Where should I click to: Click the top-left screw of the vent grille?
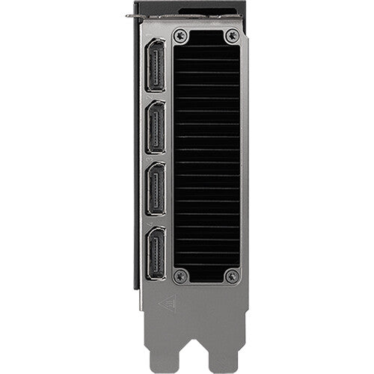[179, 35]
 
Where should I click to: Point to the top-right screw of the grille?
[233, 35]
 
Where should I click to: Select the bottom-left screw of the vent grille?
[179, 276]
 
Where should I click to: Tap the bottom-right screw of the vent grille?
[233, 276]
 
